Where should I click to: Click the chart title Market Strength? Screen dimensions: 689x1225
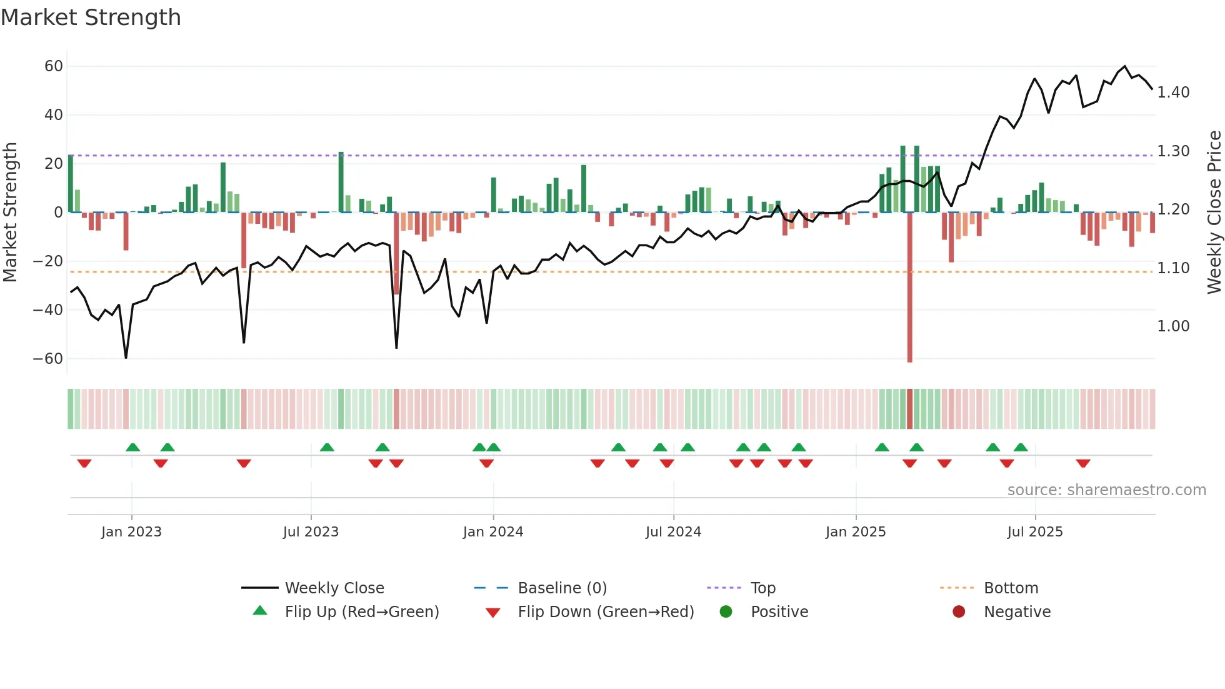91,18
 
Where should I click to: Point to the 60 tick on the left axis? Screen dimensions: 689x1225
54,66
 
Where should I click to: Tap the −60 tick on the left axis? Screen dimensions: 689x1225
48,359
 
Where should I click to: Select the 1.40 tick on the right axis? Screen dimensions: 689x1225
1173,93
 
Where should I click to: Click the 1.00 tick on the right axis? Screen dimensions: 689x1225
1173,326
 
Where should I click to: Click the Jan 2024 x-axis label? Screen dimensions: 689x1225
492,532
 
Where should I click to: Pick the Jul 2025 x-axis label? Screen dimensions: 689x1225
1034,532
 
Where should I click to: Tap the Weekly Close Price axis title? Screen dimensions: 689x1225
1214,212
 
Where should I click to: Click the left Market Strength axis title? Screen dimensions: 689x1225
11,212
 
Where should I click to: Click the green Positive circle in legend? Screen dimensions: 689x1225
726,611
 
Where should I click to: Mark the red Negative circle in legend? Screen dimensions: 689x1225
959,611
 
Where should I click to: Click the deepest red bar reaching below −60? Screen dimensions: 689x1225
909,288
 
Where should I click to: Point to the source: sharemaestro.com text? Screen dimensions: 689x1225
1106,490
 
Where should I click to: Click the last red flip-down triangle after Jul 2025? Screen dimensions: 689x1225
1083,463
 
